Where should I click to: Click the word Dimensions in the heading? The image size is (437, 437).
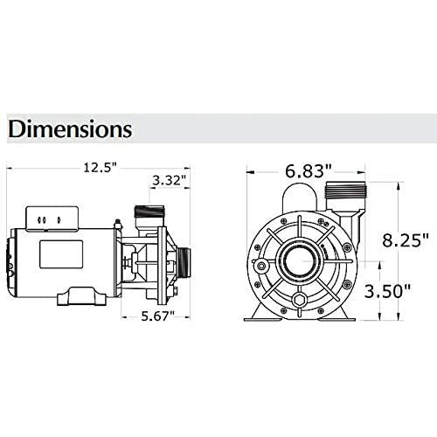70,129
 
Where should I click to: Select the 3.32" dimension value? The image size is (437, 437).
166,181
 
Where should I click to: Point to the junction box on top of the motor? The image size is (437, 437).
45,217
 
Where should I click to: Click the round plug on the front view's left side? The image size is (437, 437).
260,263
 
